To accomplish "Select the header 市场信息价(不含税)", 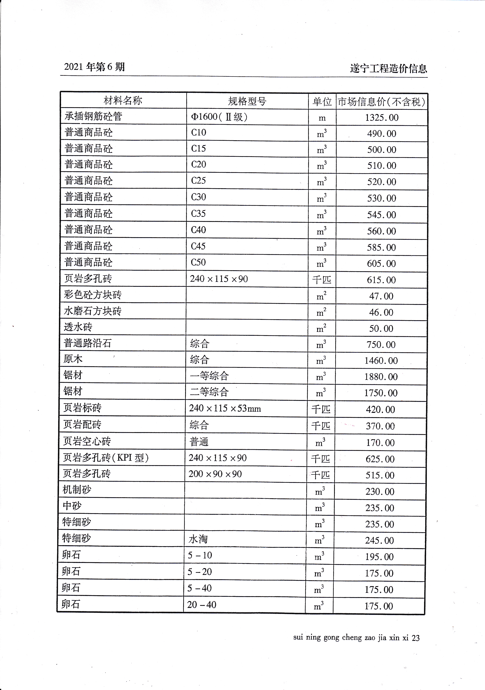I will point(381,102).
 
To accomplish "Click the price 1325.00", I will point(382,117).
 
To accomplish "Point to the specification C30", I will point(198,197).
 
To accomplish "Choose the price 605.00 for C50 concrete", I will point(381,264).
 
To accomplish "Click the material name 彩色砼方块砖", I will point(93,295).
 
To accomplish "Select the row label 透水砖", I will point(78,327).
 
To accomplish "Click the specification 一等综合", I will point(209,376).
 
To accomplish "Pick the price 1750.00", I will point(381,393).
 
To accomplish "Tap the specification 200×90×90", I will point(215,474).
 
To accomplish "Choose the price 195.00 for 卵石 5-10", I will point(379,557).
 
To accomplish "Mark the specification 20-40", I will point(201,605).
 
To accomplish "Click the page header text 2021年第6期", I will point(94,67).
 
